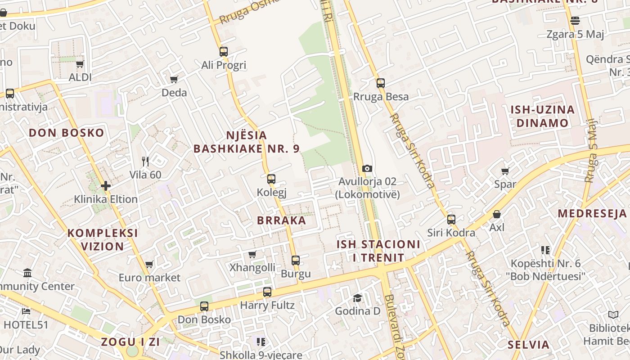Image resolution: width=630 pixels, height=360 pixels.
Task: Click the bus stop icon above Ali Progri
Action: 224,52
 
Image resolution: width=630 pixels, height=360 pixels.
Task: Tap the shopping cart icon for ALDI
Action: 80,64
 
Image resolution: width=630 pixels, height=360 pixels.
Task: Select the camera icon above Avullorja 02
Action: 367,168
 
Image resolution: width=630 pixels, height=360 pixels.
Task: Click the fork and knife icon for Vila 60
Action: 145,161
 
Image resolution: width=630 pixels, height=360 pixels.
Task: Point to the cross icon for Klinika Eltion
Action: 106,185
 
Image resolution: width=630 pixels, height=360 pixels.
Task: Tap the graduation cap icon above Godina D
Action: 357,298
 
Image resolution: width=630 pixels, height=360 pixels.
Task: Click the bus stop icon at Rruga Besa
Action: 381,83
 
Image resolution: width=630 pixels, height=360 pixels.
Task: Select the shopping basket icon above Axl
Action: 497,214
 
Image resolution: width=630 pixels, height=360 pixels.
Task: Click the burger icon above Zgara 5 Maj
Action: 575,21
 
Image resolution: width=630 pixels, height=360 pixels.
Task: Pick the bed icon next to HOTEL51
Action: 26,311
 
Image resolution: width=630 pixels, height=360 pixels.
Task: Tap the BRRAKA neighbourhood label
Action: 281,220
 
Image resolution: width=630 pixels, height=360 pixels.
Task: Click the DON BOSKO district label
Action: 66,133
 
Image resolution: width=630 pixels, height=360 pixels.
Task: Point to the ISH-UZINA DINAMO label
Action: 542,116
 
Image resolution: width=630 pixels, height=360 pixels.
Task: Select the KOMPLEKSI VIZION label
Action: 103,239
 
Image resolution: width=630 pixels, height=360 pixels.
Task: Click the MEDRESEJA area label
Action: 592,213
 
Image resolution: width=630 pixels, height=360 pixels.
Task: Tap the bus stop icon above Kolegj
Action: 271,179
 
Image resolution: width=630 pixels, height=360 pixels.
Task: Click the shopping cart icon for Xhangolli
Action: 252,254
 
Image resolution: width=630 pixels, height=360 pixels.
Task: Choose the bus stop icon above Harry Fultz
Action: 267,292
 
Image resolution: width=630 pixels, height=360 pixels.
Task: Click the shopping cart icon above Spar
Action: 505,171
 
